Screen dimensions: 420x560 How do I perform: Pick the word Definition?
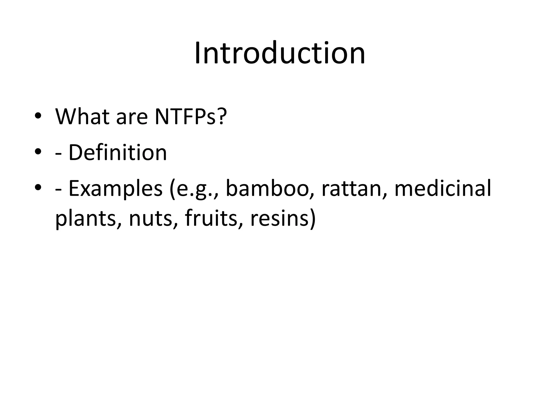click(x=118, y=152)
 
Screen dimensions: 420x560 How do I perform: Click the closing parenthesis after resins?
click(x=313, y=219)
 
